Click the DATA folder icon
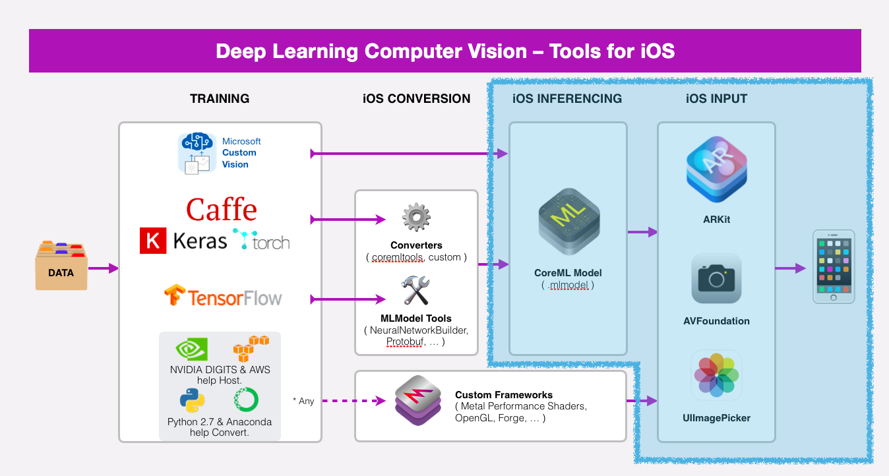pyautogui.click(x=61, y=266)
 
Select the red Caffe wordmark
pyautogui.click(x=221, y=209)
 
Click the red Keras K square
pyautogui.click(x=153, y=241)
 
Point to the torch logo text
pyautogui.click(x=262, y=241)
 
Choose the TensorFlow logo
pyautogui.click(x=223, y=297)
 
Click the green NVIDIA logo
pyautogui.click(x=192, y=349)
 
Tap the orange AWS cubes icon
pyautogui.click(x=251, y=347)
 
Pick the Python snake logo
pyautogui.click(x=192, y=400)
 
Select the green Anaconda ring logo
pyautogui.click(x=245, y=400)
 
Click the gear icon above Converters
pyautogui.click(x=416, y=218)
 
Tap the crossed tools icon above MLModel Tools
pyautogui.click(x=416, y=291)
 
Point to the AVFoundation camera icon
pyautogui.click(x=716, y=278)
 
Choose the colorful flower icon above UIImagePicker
pyautogui.click(x=716, y=375)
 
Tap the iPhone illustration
pyautogui.click(x=833, y=266)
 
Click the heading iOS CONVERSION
pyautogui.click(x=416, y=99)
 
